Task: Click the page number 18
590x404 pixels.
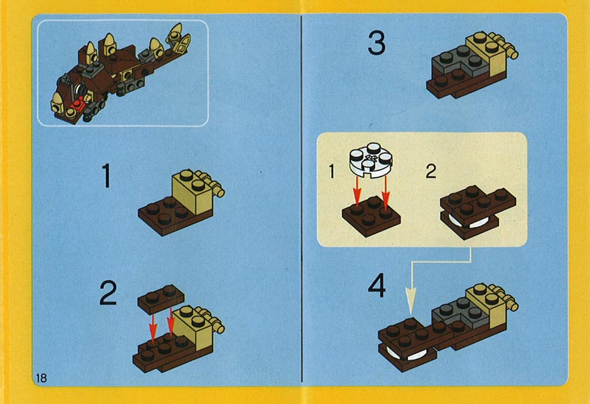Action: (x=41, y=378)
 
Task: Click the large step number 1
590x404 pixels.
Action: (x=107, y=175)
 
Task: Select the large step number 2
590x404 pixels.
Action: (x=108, y=293)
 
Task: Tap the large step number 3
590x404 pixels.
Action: (x=376, y=43)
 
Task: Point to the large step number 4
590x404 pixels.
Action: (x=376, y=286)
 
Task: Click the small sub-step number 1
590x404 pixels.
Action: (x=331, y=171)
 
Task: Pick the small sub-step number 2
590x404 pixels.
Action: (x=431, y=171)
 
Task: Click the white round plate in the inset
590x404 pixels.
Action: (x=371, y=159)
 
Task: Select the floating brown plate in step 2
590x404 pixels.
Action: (x=161, y=299)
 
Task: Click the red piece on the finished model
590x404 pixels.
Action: (x=79, y=103)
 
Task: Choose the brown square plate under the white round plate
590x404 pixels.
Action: (x=371, y=216)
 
